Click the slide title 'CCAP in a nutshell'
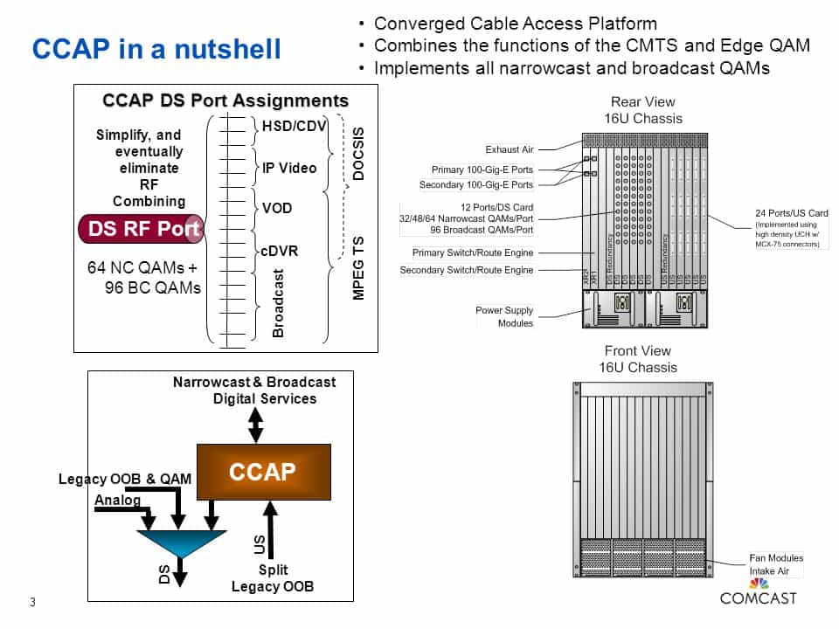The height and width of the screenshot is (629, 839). (x=156, y=50)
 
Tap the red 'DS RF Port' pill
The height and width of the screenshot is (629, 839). (x=141, y=229)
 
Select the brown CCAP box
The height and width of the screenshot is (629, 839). (x=263, y=472)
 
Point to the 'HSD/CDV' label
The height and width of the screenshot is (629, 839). (x=294, y=128)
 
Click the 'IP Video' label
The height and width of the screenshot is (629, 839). (x=289, y=168)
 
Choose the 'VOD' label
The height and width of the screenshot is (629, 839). (x=277, y=209)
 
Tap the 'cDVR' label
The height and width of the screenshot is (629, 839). (x=280, y=251)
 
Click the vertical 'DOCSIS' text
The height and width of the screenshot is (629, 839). (x=357, y=154)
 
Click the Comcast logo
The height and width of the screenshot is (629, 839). (x=758, y=591)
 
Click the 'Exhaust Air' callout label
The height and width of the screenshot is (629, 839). (x=509, y=149)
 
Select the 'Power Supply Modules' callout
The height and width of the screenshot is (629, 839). (x=504, y=316)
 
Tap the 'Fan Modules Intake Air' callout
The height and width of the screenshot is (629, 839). (x=776, y=564)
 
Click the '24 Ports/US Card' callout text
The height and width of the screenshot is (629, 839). (x=791, y=213)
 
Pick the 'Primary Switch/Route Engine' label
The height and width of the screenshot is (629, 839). (x=472, y=252)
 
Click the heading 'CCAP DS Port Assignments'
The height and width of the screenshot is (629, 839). (x=225, y=100)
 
